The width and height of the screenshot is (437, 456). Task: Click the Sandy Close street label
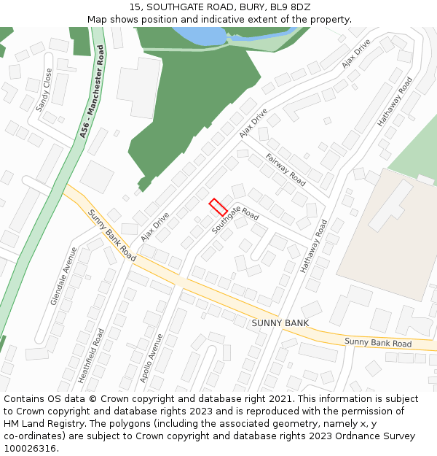(44, 90)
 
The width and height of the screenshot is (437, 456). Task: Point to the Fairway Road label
(286, 169)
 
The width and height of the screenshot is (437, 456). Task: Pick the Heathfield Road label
(92, 355)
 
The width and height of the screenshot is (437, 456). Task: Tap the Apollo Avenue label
(153, 358)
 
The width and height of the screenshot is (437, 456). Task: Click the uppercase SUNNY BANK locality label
(280, 322)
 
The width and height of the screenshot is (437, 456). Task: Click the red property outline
(219, 207)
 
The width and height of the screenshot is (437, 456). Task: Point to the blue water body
(200, 34)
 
